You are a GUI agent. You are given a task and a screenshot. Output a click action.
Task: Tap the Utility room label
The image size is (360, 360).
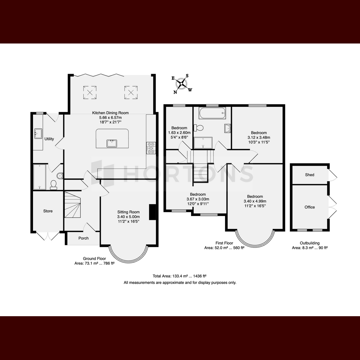(49, 139)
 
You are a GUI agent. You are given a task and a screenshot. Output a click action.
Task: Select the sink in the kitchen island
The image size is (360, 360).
(112, 143)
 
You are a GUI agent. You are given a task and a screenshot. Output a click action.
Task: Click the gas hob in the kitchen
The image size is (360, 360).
(151, 148)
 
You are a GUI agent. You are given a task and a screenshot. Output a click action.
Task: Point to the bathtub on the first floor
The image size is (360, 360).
(212, 113)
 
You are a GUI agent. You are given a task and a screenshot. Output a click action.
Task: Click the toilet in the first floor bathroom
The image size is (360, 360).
(199, 128)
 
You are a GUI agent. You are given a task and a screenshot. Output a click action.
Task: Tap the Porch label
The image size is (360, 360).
(83, 238)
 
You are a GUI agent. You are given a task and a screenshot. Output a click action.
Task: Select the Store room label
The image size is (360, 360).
(48, 211)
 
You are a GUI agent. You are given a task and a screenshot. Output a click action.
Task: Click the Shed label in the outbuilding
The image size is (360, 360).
(310, 175)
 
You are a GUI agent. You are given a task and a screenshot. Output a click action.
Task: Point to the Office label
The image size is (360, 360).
(310, 207)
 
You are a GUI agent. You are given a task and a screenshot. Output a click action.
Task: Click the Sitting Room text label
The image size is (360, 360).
(128, 212)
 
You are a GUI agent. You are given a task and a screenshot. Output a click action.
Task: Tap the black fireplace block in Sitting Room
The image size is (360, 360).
(152, 212)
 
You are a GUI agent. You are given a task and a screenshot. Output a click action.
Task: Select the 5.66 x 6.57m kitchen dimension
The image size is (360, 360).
(110, 118)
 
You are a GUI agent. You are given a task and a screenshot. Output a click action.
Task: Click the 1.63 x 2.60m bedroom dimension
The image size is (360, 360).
(179, 133)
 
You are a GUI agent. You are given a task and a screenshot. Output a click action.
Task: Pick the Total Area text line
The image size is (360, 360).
(179, 276)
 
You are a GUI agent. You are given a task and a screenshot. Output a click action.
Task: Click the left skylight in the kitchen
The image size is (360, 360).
(90, 92)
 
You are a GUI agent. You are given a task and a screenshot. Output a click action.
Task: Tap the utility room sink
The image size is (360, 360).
(38, 133)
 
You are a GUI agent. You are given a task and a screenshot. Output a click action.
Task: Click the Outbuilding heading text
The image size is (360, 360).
(310, 243)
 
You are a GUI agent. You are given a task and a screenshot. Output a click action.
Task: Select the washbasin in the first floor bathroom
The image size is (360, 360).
(228, 128)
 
